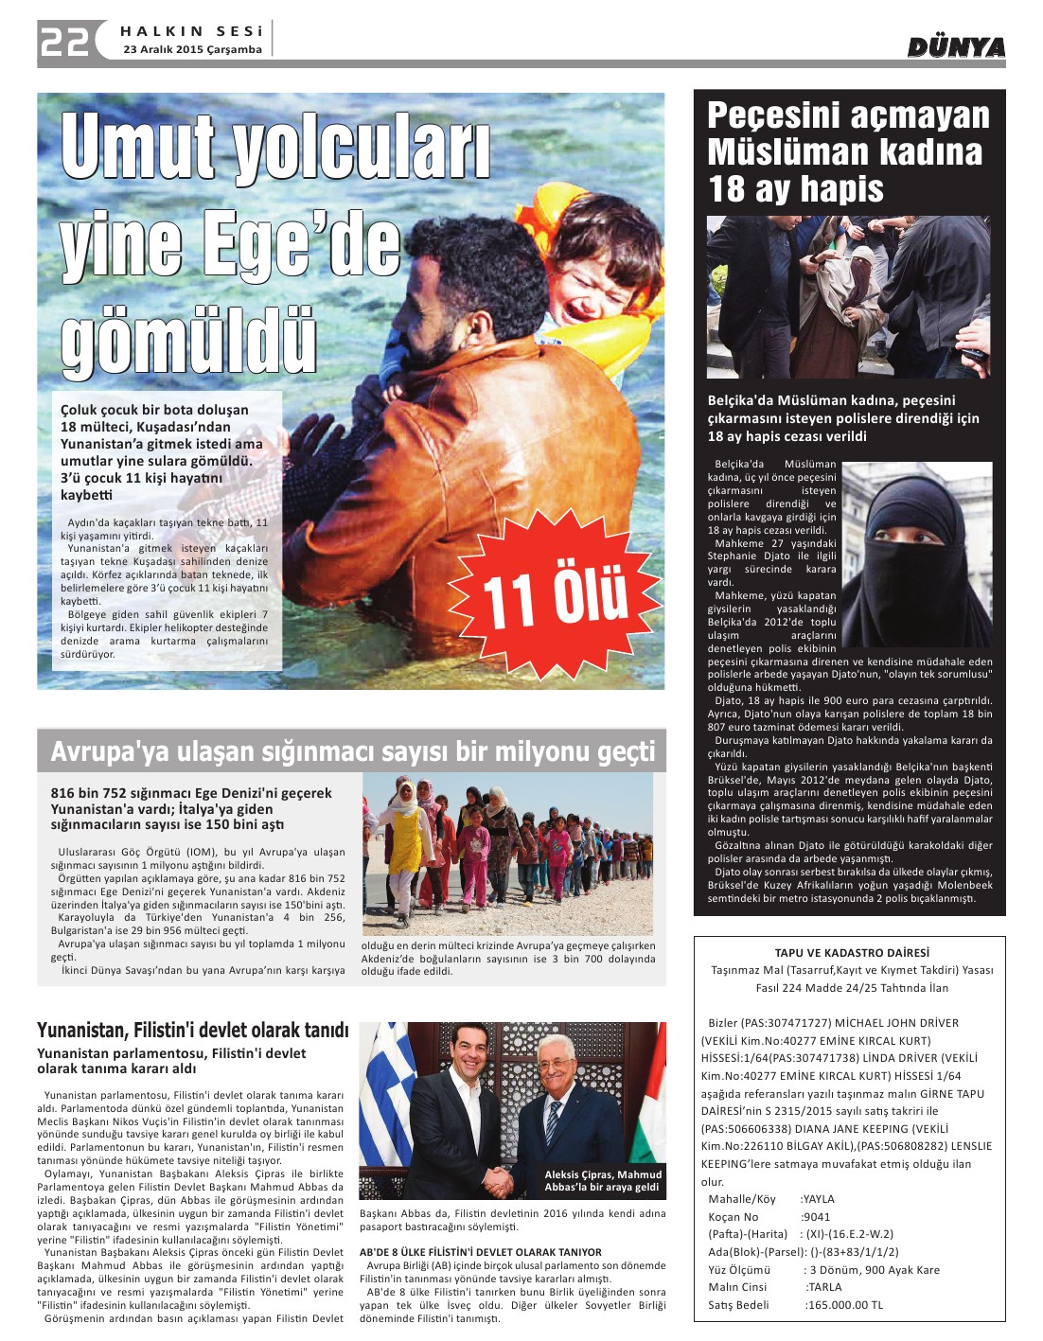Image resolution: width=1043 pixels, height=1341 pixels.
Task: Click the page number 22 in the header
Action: pyautogui.click(x=64, y=41)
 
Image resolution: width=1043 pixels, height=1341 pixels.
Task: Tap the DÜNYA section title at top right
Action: pyautogui.click(x=956, y=47)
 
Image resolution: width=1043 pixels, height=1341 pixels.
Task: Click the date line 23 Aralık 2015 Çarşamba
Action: pyautogui.click(x=192, y=50)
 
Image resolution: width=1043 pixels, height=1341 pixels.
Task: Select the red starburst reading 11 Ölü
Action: pyautogui.click(x=556, y=596)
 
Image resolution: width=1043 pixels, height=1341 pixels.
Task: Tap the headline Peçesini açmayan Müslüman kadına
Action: pyautogui.click(x=848, y=133)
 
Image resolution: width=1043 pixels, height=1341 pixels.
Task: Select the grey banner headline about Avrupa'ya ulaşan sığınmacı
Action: pyautogui.click(x=352, y=751)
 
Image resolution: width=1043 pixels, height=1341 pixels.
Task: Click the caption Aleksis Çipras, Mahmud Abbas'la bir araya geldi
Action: pyautogui.click(x=602, y=1180)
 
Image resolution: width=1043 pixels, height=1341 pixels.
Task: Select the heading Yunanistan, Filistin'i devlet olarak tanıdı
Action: pyautogui.click(x=193, y=1030)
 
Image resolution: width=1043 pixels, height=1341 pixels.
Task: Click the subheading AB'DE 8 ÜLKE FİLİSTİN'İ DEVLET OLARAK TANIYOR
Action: pyautogui.click(x=481, y=1252)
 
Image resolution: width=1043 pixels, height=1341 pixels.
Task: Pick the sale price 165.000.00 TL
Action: pyautogui.click(x=843, y=1305)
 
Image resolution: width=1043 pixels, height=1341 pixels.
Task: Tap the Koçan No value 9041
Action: pyautogui.click(x=816, y=1217)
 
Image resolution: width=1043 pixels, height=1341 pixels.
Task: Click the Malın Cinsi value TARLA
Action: pyautogui.click(x=822, y=1287)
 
